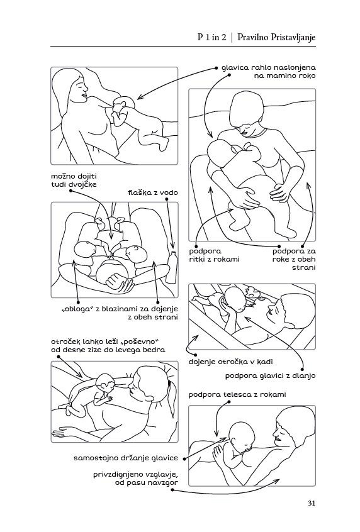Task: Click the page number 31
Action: tap(312, 503)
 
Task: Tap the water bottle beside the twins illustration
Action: tap(172, 267)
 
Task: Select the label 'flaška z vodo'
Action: tap(153, 192)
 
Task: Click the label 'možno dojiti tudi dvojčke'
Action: tap(74, 180)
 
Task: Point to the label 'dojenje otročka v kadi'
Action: tap(230, 362)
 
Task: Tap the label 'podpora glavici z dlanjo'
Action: tap(271, 375)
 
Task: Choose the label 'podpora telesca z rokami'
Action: tap(237, 394)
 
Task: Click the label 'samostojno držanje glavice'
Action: tap(126, 458)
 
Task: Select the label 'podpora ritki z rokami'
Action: tap(215, 255)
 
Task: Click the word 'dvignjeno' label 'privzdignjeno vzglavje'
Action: tap(136, 475)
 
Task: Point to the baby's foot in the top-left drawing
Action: tap(164, 144)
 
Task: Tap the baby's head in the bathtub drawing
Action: tap(235, 299)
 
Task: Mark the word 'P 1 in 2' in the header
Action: tap(211, 37)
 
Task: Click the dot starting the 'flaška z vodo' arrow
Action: tap(167, 199)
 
